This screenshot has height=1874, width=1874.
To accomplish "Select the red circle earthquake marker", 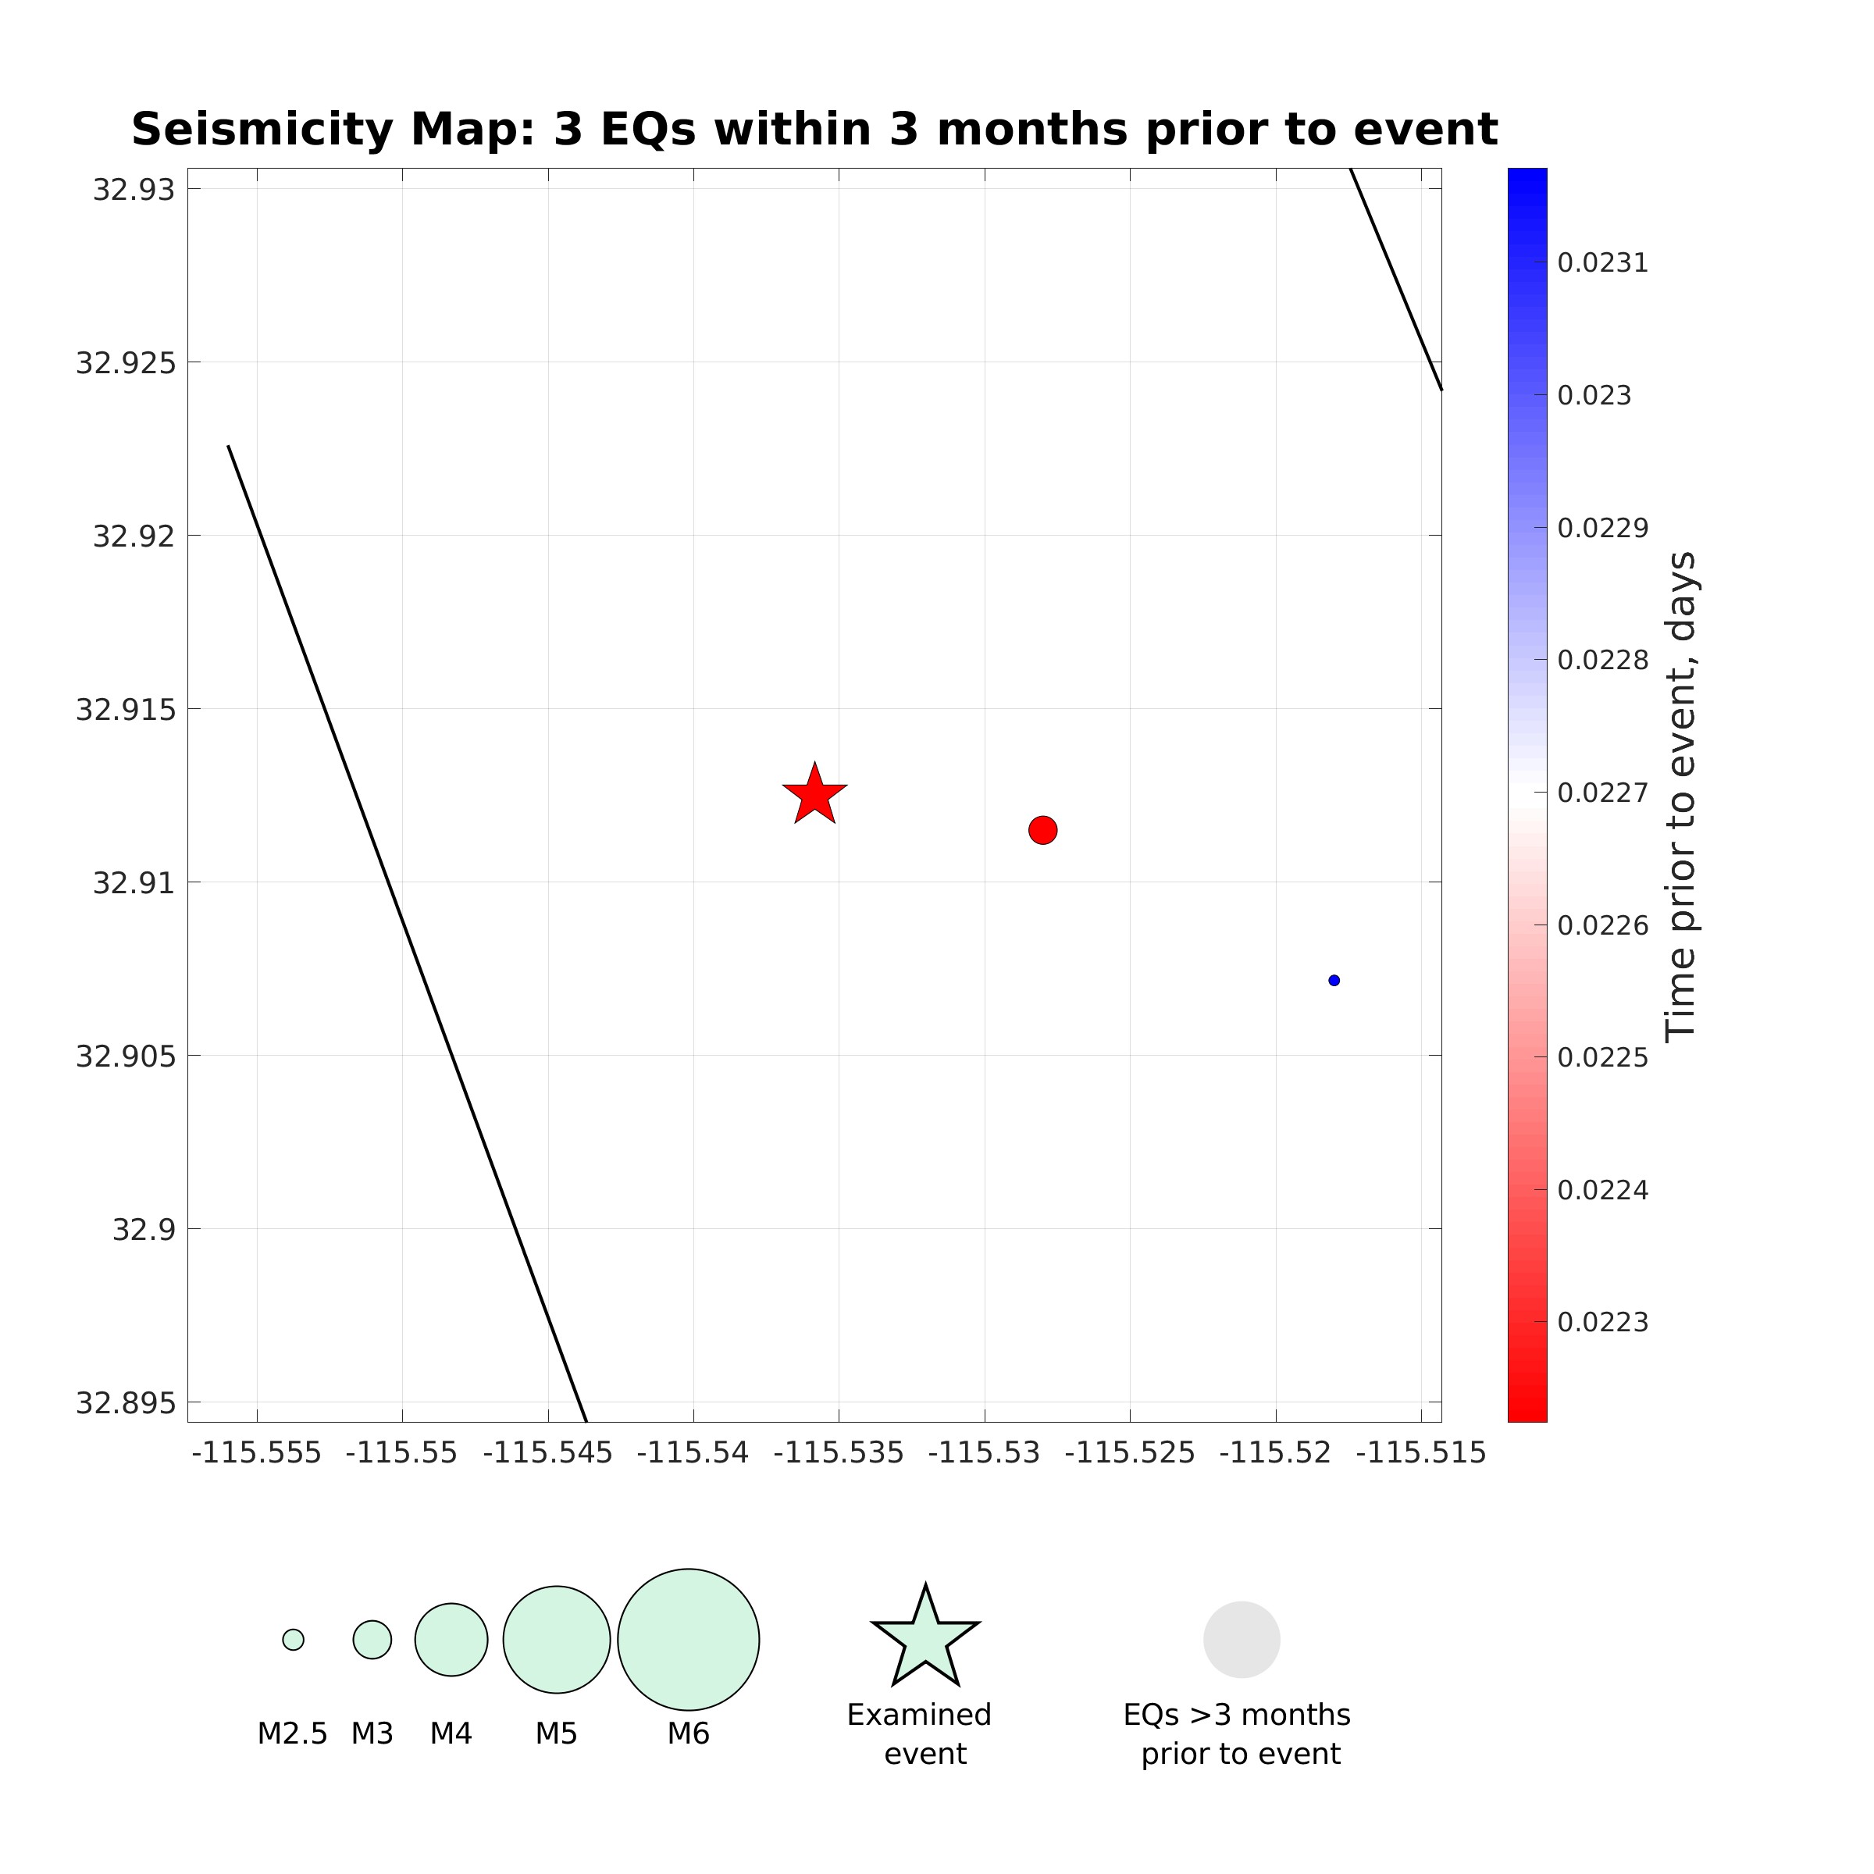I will click(1042, 830).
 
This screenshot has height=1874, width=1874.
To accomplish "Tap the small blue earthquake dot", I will click(1334, 981).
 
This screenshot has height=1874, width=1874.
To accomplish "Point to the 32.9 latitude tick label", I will click(144, 1230).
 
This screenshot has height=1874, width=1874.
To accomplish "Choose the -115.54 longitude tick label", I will click(693, 1453).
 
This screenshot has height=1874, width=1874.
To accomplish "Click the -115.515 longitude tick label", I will click(1421, 1453).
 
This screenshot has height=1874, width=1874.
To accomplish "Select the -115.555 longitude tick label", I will click(257, 1453).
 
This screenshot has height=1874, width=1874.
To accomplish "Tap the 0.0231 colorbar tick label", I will click(1602, 263).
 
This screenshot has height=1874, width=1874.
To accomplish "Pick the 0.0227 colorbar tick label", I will click(1602, 793).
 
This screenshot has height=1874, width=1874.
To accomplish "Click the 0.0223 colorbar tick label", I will click(1602, 1323).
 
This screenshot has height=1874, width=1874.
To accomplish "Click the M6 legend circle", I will click(689, 1639).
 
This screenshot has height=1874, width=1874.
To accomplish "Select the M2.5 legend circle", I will click(293, 1639).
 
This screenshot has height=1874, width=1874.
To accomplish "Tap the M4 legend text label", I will click(451, 1733).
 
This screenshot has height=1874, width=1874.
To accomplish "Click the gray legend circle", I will click(1242, 1639).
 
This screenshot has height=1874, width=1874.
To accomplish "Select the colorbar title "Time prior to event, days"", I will click(1681, 796).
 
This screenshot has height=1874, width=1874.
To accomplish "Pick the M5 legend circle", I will click(557, 1639).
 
